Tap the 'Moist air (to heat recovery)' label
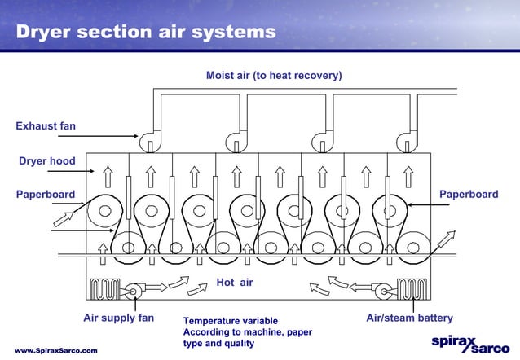tap(274, 76)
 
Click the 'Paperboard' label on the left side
tap(45, 195)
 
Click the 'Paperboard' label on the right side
tap(469, 195)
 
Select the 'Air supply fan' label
tap(121, 318)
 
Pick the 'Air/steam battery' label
tap(409, 318)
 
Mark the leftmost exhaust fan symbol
tap(151, 141)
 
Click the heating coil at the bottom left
tap(105, 289)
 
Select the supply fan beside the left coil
tap(134, 289)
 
